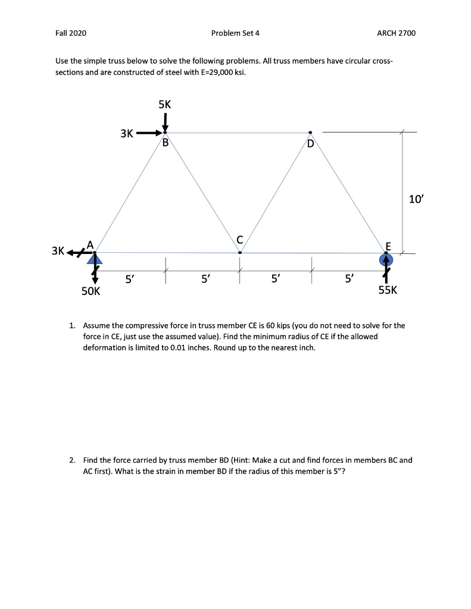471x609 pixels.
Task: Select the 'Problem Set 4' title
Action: [235, 33]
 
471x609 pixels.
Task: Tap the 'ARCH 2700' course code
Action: [396, 33]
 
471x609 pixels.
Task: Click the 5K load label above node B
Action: [165, 104]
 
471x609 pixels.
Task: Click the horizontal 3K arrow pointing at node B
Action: [147, 133]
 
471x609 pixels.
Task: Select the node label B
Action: [166, 143]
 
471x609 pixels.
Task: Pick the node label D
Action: [310, 143]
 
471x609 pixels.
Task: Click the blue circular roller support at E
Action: [386, 259]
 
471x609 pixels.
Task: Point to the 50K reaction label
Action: [91, 291]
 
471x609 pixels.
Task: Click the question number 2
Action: [72, 460]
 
